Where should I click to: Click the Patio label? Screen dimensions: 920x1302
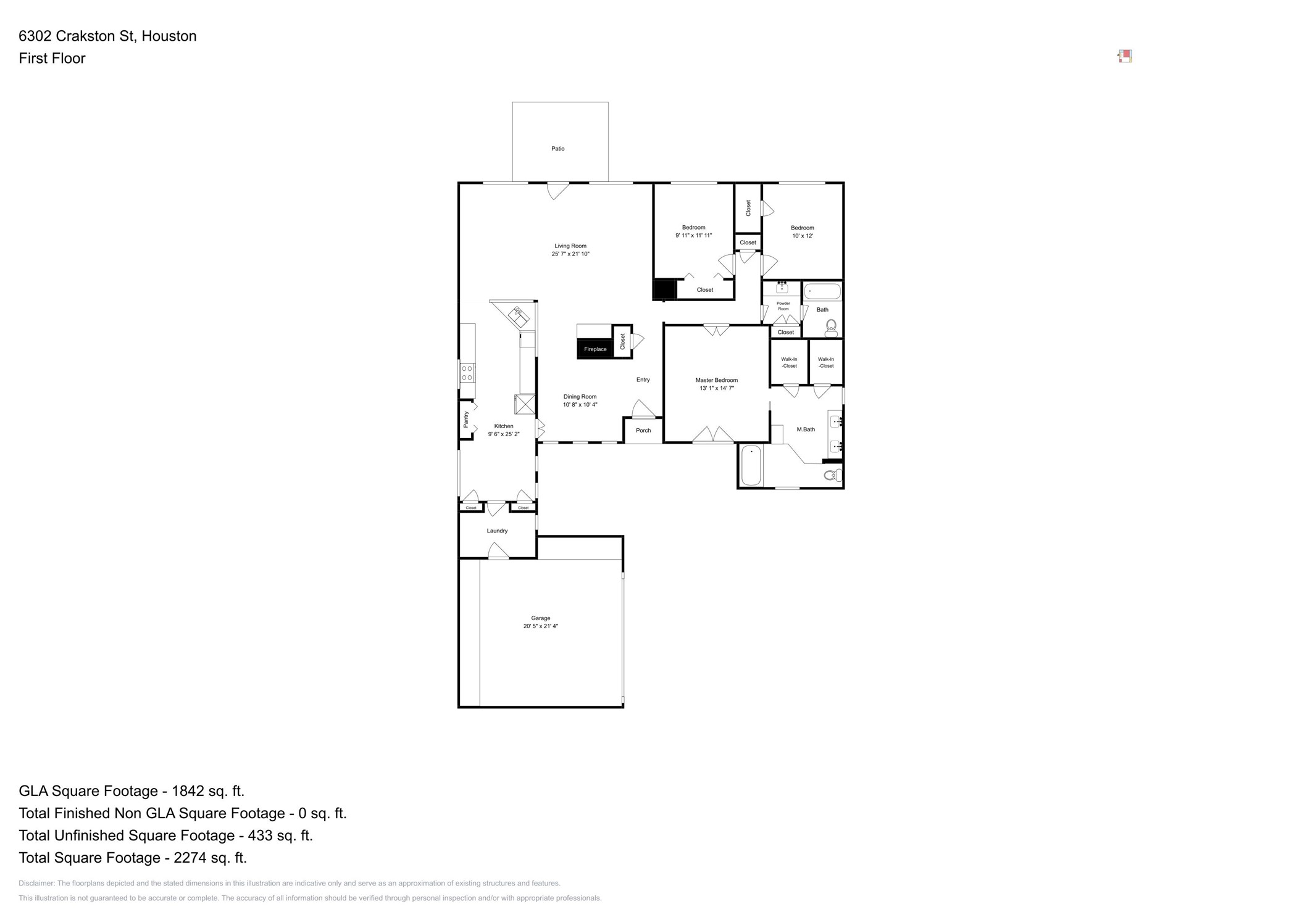(557, 149)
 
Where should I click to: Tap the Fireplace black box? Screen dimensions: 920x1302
(595, 349)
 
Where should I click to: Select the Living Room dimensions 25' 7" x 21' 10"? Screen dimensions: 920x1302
(570, 254)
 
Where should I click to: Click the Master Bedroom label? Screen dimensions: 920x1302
(716, 380)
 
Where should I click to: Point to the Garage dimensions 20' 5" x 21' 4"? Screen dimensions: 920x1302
(540, 626)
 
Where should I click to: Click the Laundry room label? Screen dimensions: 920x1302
(497, 531)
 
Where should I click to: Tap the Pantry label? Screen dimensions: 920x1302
(466, 420)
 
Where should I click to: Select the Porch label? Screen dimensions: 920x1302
(643, 431)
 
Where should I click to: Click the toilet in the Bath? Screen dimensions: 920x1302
(831, 327)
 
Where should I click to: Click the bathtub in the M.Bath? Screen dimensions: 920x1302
(751, 465)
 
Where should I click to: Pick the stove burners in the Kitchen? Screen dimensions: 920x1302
(467, 373)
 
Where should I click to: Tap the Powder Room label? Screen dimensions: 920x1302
(783, 306)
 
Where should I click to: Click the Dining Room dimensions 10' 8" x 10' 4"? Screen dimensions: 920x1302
(580, 405)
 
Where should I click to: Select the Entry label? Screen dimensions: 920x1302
(643, 380)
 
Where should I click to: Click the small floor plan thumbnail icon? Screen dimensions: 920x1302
(1125, 57)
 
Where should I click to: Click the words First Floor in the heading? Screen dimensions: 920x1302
(52, 59)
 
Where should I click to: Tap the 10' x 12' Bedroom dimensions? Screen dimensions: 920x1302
(802, 236)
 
